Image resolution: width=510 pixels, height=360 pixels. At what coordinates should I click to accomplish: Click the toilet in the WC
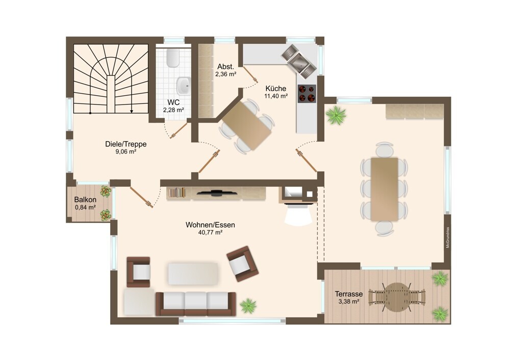click(x=172, y=58)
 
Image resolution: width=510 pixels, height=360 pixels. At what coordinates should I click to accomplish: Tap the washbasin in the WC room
click(x=184, y=86)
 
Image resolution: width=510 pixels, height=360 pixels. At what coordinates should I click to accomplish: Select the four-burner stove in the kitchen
click(x=307, y=94)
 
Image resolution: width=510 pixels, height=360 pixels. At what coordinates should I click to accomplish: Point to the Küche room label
click(x=276, y=88)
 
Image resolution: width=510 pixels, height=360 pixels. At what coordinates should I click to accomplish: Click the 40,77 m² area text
click(x=210, y=232)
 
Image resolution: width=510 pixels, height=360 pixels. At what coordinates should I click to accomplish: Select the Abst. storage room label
click(x=226, y=67)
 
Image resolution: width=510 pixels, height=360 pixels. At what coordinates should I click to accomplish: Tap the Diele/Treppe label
click(x=126, y=144)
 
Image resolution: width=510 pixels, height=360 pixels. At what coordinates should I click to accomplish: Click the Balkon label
click(x=85, y=200)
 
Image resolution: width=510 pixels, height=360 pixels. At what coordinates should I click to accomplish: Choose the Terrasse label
click(x=349, y=294)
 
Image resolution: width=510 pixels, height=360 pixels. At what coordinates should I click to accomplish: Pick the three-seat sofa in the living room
click(x=196, y=304)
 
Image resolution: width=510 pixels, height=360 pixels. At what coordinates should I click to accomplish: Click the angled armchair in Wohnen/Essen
click(x=242, y=264)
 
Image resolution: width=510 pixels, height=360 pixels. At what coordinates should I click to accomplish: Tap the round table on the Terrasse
click(x=396, y=297)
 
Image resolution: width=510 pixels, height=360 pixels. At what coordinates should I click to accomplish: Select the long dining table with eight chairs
click(x=384, y=189)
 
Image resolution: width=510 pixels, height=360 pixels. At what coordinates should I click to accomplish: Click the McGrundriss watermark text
click(x=448, y=238)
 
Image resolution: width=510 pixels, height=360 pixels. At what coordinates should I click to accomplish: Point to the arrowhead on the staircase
click(x=132, y=111)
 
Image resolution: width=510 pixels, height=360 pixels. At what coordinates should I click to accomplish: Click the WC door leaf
click(x=178, y=131)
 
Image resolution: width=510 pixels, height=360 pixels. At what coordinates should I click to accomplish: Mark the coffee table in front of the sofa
click(x=193, y=273)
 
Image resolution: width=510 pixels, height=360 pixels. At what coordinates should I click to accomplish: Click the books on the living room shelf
click(x=177, y=192)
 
